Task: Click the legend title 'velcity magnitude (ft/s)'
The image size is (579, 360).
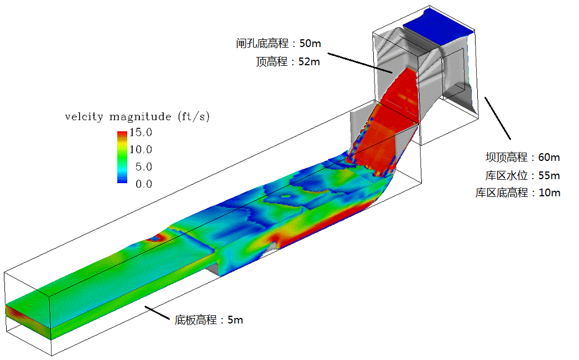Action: click(x=137, y=117)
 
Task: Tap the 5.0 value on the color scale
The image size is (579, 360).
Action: click(x=143, y=166)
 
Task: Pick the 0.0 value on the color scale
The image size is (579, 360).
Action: click(x=143, y=184)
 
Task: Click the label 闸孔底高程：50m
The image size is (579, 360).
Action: click(x=278, y=43)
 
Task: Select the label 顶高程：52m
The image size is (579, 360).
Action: click(x=288, y=61)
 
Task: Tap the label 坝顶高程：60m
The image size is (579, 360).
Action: click(x=519, y=157)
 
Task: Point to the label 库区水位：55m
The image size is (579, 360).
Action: click(x=519, y=175)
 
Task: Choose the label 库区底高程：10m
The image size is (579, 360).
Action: click(x=518, y=193)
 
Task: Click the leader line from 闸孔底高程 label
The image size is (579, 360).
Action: click(x=359, y=63)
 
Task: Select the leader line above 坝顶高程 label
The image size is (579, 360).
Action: click(x=498, y=118)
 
